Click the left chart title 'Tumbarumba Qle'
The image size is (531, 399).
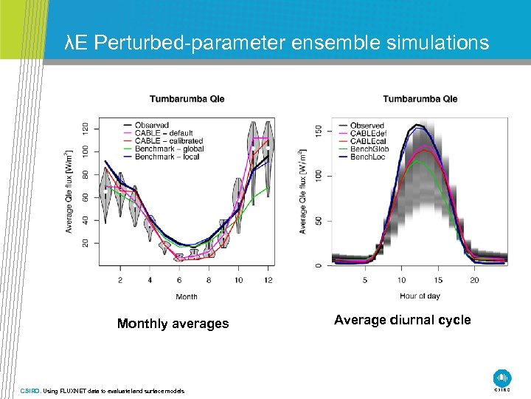(187, 99)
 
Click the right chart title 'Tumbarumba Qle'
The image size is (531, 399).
(420, 99)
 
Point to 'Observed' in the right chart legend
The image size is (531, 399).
(367, 126)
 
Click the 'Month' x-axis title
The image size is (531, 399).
(187, 297)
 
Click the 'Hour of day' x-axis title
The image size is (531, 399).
(420, 296)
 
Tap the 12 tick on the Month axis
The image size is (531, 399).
(268, 280)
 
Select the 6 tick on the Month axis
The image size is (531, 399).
(179, 280)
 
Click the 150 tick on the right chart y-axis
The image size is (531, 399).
(319, 130)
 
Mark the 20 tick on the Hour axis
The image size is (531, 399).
(474, 280)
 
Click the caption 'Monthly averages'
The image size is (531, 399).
(173, 324)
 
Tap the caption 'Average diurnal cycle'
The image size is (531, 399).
(402, 320)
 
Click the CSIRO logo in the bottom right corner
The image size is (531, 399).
(502, 378)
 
